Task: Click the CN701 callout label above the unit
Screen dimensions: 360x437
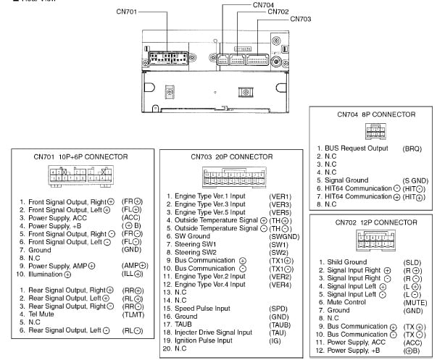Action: [128, 12]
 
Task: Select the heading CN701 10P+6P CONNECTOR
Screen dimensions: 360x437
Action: [80, 156]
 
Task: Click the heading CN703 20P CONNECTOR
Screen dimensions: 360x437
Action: [232, 156]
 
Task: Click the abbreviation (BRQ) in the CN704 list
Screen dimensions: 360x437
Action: [411, 148]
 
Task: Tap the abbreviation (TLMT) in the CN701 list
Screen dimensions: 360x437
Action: [133, 314]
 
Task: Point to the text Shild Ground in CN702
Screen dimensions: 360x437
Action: [346, 261]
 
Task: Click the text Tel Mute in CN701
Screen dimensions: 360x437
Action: [44, 314]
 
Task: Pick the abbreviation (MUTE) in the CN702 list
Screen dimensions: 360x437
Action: [415, 302]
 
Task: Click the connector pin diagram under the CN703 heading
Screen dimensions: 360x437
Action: [232, 177]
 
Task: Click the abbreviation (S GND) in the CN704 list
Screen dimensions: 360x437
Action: [415, 180]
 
